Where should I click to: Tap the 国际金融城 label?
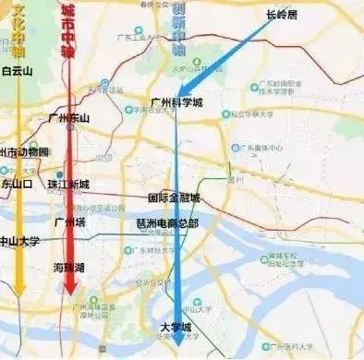(x=174, y=198)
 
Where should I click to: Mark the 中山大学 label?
(x=21, y=243)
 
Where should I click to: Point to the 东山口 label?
(x=17, y=183)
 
